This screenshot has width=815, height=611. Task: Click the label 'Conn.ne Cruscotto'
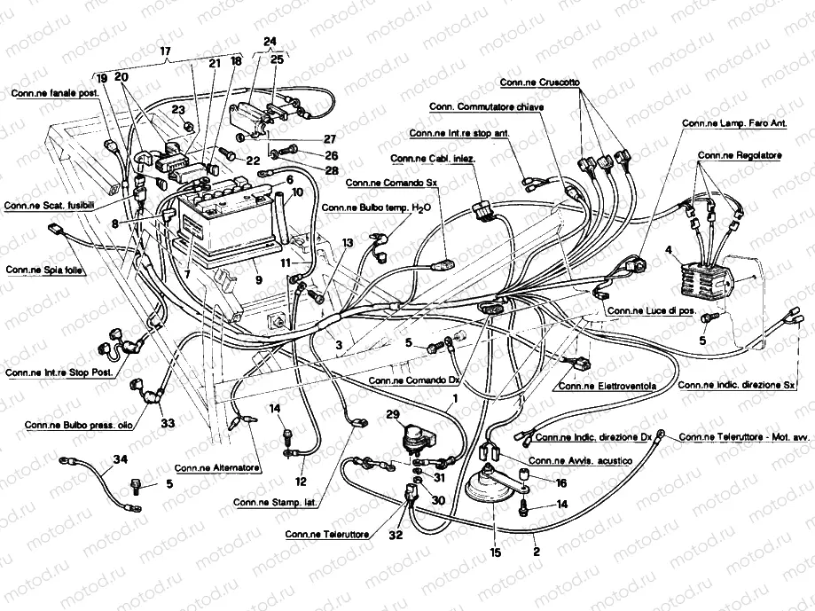(x=540, y=82)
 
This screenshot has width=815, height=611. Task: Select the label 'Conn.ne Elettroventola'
(x=607, y=386)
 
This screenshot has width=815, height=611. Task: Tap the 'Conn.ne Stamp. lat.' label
(x=276, y=503)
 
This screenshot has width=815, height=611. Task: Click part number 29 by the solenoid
(x=392, y=415)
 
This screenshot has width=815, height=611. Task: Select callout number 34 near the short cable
(x=121, y=458)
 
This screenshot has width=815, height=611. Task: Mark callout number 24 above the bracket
(x=270, y=41)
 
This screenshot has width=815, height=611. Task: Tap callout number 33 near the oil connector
(x=168, y=423)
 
